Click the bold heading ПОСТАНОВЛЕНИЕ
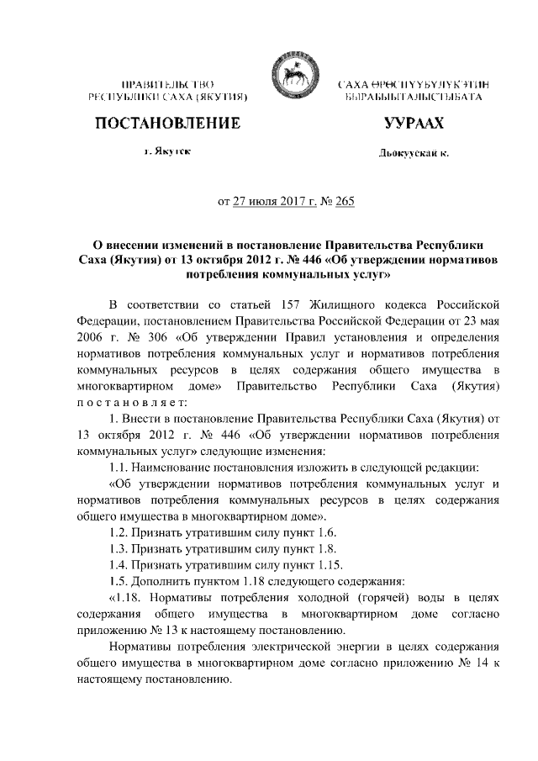pyautogui.click(x=167, y=124)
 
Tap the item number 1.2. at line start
pyautogui.click(x=122, y=533)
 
